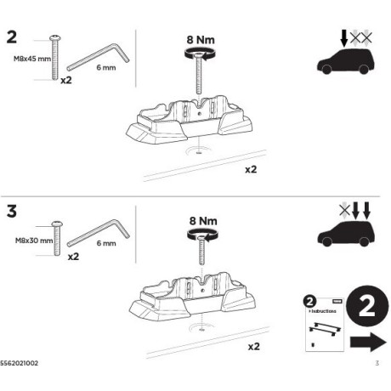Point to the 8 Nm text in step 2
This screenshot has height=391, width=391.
point(201,38)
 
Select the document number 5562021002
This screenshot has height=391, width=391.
point(20,364)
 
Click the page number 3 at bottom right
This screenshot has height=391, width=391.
point(376,364)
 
